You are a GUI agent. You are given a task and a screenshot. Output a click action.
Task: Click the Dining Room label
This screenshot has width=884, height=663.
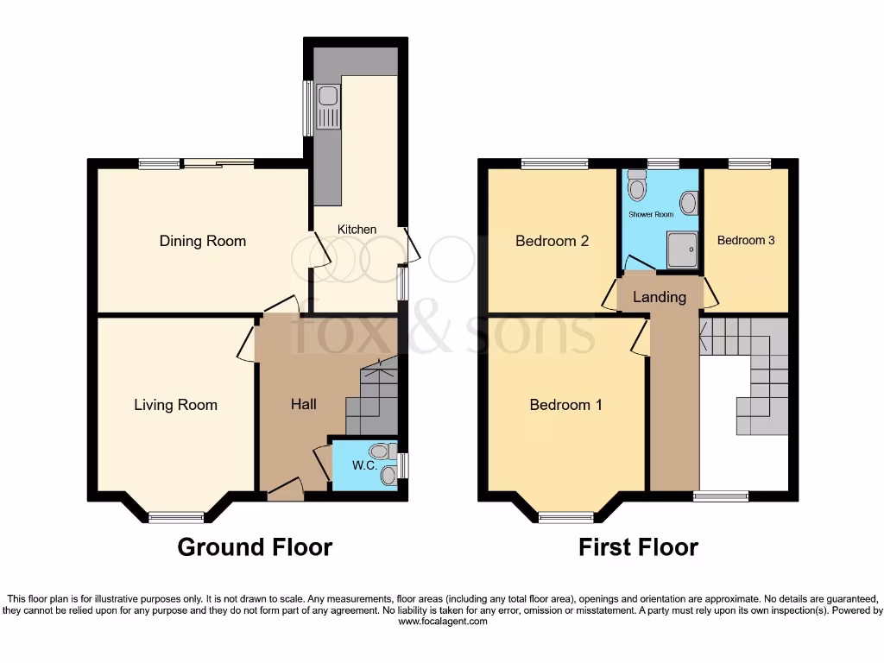point(203,241)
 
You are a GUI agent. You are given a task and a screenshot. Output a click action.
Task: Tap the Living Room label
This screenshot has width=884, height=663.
point(175,404)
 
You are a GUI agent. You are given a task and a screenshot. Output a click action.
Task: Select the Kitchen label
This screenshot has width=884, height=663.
point(357,229)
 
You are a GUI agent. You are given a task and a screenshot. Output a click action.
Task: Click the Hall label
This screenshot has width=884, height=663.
point(303,404)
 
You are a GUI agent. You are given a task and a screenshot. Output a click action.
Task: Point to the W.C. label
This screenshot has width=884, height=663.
point(363,467)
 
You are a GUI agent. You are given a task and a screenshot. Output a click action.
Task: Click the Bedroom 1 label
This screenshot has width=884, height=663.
point(565,404)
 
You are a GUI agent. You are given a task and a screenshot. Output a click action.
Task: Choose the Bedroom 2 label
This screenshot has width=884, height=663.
point(552,241)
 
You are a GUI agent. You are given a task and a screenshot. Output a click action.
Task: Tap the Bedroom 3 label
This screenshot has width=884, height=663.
point(746,240)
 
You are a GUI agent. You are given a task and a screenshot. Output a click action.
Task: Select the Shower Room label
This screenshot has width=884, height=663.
point(650,214)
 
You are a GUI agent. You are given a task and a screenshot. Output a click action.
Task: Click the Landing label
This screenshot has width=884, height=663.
point(660,297)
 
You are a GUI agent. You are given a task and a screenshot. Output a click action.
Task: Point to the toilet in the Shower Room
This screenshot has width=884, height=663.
point(637,186)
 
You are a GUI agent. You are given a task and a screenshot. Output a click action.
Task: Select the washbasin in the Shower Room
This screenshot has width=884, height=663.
point(689,203)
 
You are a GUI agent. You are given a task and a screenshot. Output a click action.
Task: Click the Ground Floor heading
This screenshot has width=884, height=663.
point(255,546)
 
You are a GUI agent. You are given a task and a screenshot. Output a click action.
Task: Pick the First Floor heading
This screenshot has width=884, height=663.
point(638,546)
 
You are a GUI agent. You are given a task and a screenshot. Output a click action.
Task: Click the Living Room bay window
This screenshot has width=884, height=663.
point(176,517)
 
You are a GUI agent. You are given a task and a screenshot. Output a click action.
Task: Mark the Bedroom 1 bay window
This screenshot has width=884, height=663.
point(566,517)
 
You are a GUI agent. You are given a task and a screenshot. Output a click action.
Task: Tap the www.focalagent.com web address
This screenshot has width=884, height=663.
point(442,621)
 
